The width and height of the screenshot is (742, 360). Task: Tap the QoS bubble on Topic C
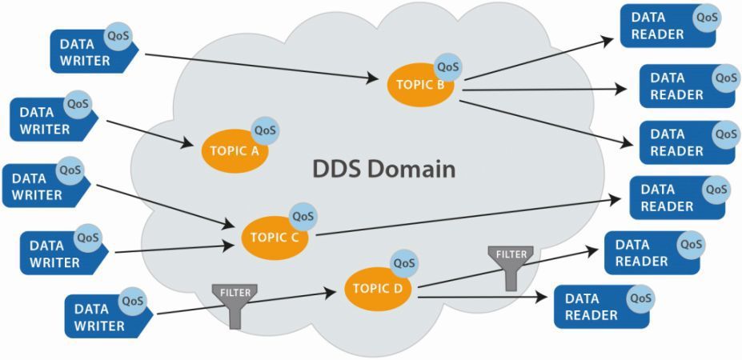pos(303,216)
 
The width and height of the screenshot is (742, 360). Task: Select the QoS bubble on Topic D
pos(404,262)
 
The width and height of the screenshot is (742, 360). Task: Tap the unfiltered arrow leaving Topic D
pos(480,298)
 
